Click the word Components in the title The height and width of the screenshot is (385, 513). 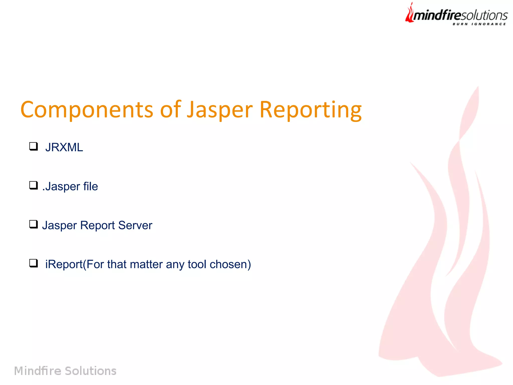pos(86,110)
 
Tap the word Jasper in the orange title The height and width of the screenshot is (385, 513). pos(220,110)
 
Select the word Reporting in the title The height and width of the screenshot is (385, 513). pos(311,110)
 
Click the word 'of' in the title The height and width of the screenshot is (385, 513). pos(170,109)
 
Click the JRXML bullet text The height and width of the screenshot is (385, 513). pos(64,147)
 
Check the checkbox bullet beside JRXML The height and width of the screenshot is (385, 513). pos(33,146)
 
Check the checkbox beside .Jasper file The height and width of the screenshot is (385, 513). pos(33,185)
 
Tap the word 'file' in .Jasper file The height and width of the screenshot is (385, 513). pos(90,186)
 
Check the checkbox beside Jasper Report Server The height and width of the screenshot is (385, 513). pos(33,224)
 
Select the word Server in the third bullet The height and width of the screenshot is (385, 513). pos(135,225)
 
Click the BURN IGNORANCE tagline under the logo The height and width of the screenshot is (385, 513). pos(479,24)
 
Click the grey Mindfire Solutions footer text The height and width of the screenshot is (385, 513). pos(65,371)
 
